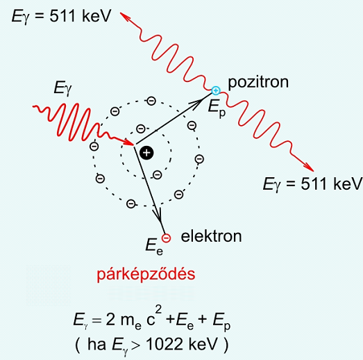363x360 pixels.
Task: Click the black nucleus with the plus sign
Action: [x=146, y=153]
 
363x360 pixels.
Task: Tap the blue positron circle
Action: [x=216, y=90]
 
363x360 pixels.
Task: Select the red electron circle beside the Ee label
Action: [x=166, y=238]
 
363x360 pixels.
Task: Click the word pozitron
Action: [x=258, y=82]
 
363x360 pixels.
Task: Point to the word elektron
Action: [x=211, y=236]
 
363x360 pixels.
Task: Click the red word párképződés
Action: [x=146, y=275]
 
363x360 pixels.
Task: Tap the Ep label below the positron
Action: [x=217, y=108]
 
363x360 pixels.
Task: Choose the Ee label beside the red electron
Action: [x=154, y=247]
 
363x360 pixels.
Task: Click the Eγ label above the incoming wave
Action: [x=62, y=88]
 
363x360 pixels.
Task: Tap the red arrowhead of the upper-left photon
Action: [x=125, y=17]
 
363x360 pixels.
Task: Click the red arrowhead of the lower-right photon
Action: [x=309, y=167]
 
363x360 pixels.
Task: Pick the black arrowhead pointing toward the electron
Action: [x=158, y=215]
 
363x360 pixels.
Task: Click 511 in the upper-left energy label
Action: [x=62, y=16]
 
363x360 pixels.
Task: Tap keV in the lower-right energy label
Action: [x=347, y=184]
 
